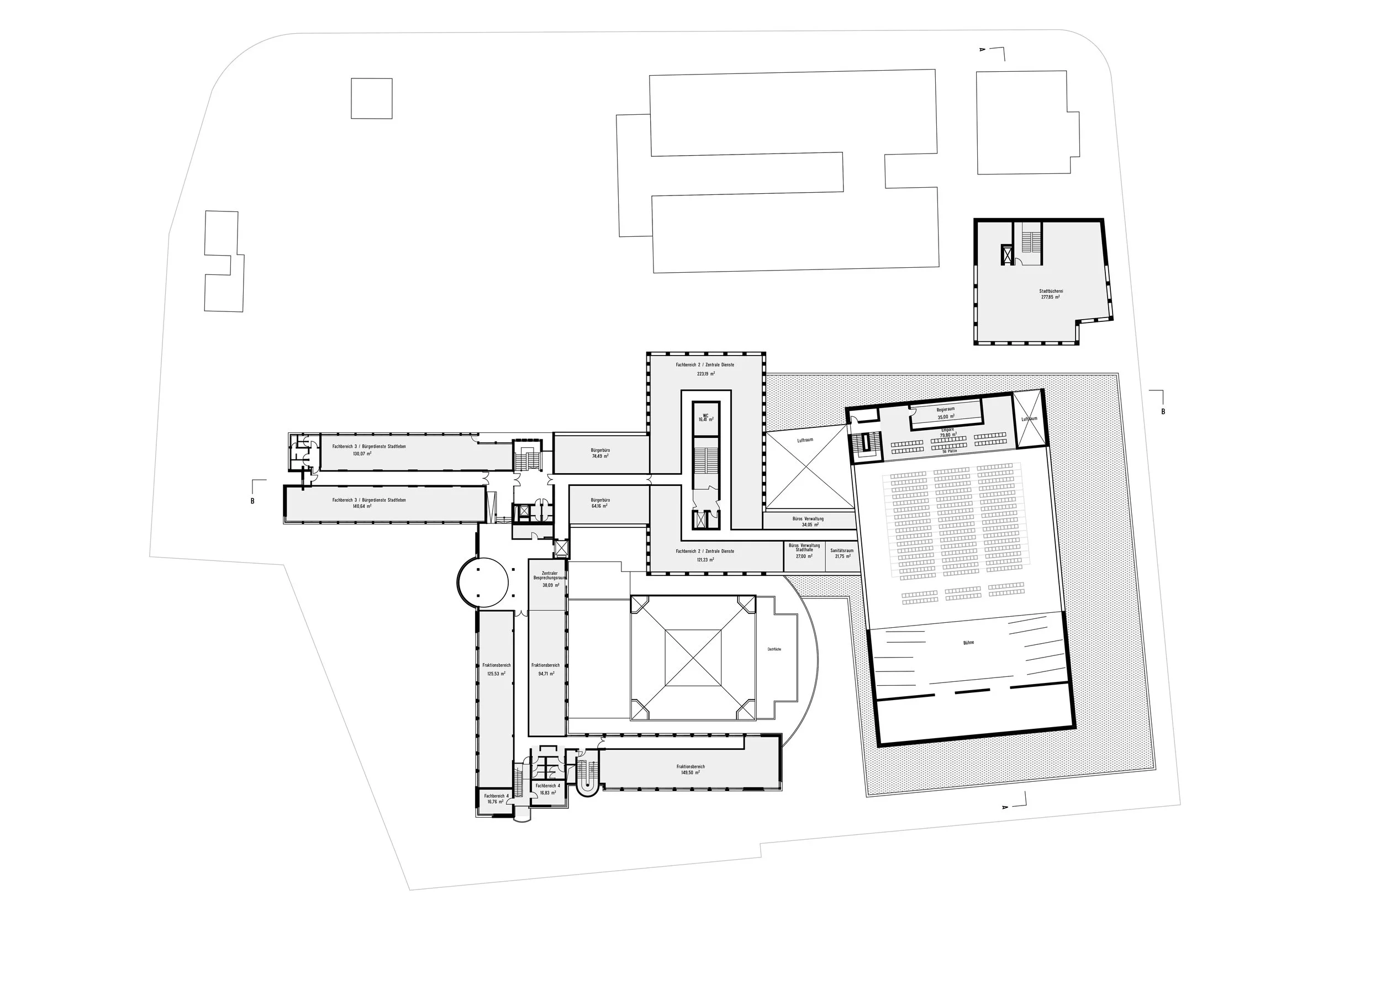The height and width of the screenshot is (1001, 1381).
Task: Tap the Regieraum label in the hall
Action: click(x=946, y=410)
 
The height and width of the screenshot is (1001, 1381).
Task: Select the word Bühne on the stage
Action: click(x=968, y=642)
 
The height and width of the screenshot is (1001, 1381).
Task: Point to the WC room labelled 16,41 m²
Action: click(x=706, y=418)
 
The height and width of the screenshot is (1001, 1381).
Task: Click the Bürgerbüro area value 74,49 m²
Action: click(x=600, y=456)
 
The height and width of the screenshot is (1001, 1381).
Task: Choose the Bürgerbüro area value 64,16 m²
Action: click(x=600, y=506)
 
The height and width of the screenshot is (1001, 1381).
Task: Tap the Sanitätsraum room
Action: click(x=841, y=553)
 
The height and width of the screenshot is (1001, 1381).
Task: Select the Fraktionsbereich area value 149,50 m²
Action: click(x=690, y=772)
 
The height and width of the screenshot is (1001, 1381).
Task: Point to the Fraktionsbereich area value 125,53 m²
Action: click(x=496, y=674)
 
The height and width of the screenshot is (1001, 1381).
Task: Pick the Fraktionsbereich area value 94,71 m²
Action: click(x=546, y=674)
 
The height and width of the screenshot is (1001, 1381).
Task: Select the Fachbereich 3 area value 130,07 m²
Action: click(x=362, y=453)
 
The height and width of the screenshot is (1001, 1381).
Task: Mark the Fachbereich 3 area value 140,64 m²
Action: click(x=362, y=506)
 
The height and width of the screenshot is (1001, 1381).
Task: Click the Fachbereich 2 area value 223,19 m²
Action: click(x=705, y=374)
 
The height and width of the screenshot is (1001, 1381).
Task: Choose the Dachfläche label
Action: click(x=774, y=649)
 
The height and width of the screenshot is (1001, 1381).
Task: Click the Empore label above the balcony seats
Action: click(x=948, y=430)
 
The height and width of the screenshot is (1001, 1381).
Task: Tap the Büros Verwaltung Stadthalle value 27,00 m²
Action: click(x=804, y=556)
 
